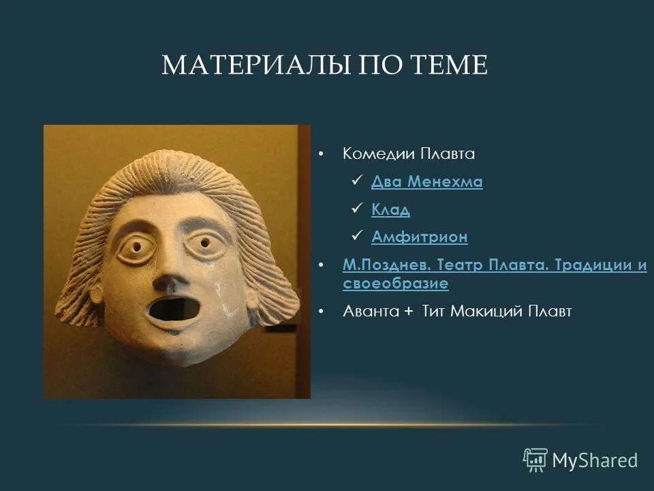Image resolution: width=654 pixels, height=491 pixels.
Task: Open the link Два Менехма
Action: [x=427, y=182]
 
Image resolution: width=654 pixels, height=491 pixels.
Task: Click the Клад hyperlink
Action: [x=390, y=210]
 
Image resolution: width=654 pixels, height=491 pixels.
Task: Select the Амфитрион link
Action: [x=420, y=237]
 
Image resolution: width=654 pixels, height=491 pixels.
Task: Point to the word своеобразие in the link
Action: [x=395, y=283]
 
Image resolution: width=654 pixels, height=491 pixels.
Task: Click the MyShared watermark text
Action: [x=595, y=460]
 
